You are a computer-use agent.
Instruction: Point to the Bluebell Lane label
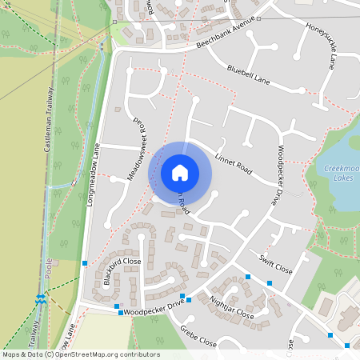tap(249, 75)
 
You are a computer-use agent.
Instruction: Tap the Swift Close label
tap(276, 265)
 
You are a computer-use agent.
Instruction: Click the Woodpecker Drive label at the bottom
tap(154, 304)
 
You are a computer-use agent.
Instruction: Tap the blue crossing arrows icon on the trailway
tap(41, 298)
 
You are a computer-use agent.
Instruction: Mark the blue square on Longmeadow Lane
tap(85, 262)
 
